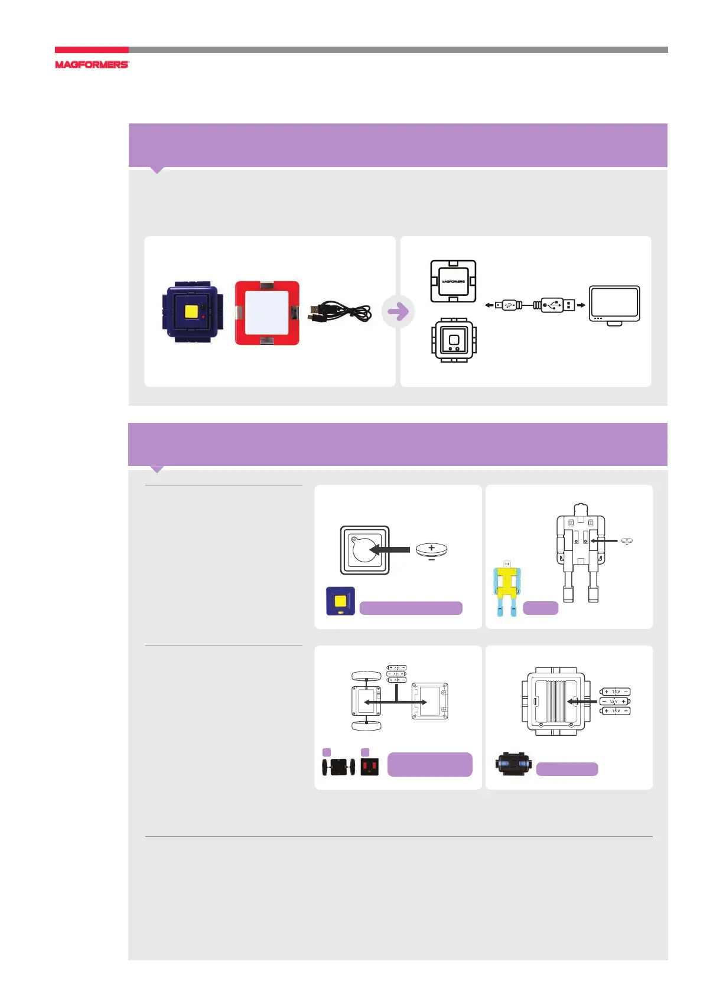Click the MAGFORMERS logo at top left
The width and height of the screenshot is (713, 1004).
tap(92, 64)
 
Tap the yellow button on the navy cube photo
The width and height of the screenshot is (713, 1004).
tap(191, 311)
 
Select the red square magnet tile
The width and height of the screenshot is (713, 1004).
tap(267, 312)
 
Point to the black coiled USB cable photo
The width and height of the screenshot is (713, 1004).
tap(340, 312)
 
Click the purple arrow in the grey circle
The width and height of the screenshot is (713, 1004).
tap(398, 311)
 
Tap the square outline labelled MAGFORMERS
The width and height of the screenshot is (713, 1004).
tap(453, 281)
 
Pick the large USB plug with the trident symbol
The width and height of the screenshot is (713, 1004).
tap(554, 305)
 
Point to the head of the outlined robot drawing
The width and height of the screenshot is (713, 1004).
tap(580, 510)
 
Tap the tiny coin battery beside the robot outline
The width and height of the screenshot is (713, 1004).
tap(626, 540)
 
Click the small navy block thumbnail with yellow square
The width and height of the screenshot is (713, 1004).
tap(340, 601)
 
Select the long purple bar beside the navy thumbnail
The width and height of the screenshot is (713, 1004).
tap(411, 608)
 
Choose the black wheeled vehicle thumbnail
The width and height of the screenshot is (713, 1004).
tap(338, 767)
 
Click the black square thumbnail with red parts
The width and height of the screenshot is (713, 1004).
tap(369, 767)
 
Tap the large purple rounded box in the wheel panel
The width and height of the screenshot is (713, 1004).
tap(429, 764)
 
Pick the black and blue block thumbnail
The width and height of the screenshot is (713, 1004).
tap(513, 764)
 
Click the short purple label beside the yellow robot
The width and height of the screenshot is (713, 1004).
tap(541, 608)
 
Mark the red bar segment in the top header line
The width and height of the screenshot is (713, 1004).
tap(92, 50)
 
